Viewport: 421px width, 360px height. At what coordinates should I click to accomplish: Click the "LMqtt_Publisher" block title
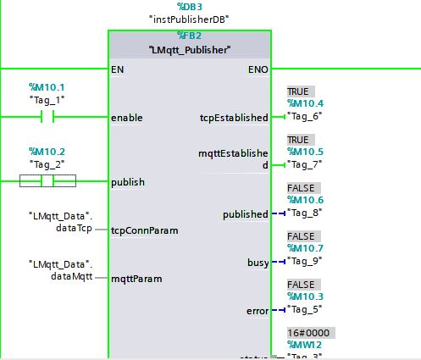tap(190, 50)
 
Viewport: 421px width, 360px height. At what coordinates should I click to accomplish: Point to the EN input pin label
tap(117, 69)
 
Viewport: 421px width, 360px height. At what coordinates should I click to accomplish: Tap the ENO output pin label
tap(258, 69)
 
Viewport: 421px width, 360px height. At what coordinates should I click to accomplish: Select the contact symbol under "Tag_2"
tap(48, 180)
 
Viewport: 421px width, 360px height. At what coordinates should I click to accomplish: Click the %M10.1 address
tap(47, 87)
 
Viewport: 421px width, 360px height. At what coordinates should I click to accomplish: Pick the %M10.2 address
tap(47, 151)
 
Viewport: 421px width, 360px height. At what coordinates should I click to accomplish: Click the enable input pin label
tap(127, 118)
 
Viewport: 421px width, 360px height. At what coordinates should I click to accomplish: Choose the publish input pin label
tap(128, 181)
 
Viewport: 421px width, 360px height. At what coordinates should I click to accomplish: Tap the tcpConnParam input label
tap(144, 230)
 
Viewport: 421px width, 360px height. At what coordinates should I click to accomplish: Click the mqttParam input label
tap(136, 278)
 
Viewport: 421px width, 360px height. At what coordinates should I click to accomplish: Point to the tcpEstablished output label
tap(235, 118)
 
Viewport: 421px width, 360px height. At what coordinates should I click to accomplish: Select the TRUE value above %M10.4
tap(298, 91)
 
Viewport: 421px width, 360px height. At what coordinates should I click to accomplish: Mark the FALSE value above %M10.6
tap(301, 188)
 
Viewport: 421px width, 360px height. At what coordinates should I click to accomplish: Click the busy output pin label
tap(258, 263)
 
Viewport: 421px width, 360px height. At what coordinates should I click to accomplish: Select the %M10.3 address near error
tap(305, 297)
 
